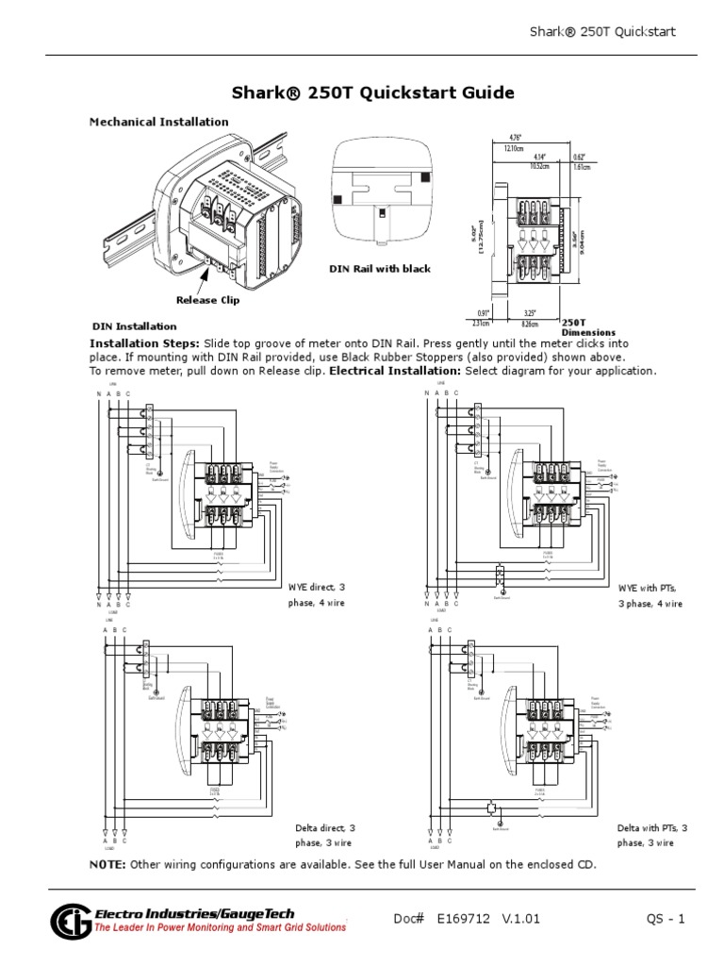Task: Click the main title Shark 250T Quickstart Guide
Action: click(373, 92)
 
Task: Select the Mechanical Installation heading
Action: click(158, 122)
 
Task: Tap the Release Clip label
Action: click(208, 300)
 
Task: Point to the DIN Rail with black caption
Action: click(379, 269)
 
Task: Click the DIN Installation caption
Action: click(134, 326)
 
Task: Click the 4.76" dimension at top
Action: click(515, 139)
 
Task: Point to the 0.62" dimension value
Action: click(579, 157)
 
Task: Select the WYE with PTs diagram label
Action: click(650, 594)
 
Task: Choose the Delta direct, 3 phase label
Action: click(324, 835)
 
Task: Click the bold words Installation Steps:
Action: click(144, 344)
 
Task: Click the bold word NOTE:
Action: click(107, 865)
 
